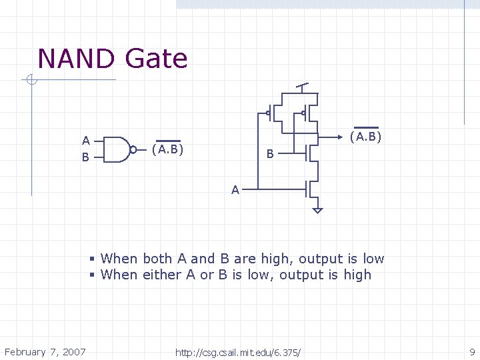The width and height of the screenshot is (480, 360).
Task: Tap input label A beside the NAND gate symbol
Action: coord(86,141)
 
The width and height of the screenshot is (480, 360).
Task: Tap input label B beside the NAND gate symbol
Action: coord(85,158)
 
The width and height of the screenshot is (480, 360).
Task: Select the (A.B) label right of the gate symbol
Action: coord(168,149)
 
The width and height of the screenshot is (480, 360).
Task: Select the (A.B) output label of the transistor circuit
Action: coord(365,137)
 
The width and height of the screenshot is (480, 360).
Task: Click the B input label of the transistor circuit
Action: coord(270,155)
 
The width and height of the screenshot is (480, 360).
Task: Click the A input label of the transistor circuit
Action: coord(235,190)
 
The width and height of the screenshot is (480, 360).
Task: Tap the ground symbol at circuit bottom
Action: coord(317,210)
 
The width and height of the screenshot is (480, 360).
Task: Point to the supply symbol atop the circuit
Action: coord(303,87)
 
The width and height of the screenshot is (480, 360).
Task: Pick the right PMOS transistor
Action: coord(308,113)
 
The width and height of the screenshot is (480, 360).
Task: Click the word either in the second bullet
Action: coord(160,275)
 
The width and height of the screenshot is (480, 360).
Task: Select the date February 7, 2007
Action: coord(45,351)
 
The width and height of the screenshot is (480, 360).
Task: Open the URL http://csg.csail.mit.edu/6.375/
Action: coord(238,352)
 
